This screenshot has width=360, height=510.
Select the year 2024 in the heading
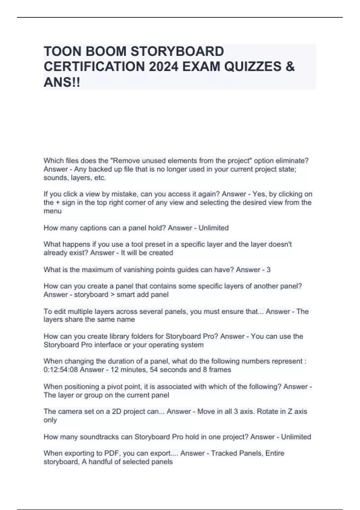(x=163, y=67)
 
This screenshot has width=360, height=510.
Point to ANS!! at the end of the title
(x=62, y=82)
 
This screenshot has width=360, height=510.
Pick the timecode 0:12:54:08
(x=60, y=370)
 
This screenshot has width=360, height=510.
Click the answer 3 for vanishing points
(x=268, y=270)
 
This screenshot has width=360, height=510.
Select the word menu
(x=52, y=211)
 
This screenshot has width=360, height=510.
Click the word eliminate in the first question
(x=292, y=161)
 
